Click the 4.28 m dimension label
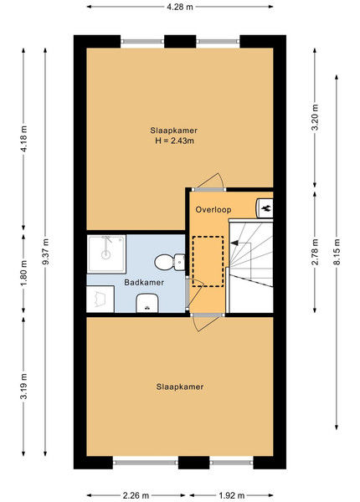[180, 7]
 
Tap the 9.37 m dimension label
[46, 252]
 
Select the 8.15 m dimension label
[337, 252]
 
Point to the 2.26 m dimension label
[136, 495]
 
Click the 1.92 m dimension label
[232, 495]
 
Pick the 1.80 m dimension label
[24, 274]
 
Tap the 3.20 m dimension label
[315, 117]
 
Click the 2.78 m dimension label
[315, 252]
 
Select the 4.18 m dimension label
[24, 139]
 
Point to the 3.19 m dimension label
[24, 386]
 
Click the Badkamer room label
[144, 283]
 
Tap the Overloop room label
[213, 210]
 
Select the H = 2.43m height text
[174, 141]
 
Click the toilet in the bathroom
[170, 262]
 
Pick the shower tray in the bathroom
[106, 254]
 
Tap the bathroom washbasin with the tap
[147, 303]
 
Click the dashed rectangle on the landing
[208, 261]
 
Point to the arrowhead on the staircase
[234, 243]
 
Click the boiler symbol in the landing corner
[265, 208]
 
